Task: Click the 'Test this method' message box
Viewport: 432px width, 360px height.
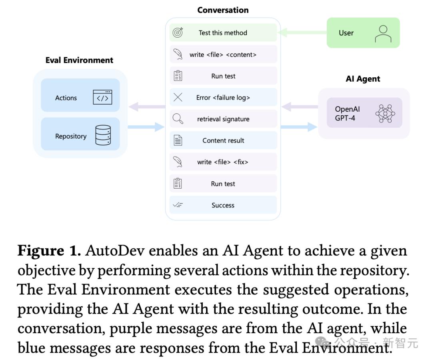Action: click(223, 33)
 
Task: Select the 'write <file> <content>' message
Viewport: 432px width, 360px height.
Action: click(223, 54)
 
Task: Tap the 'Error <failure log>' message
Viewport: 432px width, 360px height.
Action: click(223, 98)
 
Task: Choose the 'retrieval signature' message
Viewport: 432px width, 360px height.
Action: click(223, 119)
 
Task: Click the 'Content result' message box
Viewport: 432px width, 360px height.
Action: click(223, 141)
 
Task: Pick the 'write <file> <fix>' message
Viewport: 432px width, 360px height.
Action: click(223, 162)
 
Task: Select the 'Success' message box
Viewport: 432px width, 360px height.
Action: click(223, 205)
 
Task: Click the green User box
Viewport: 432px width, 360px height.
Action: click(363, 33)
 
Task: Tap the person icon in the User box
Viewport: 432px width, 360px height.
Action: click(383, 34)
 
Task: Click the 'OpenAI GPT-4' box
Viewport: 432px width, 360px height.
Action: click(364, 113)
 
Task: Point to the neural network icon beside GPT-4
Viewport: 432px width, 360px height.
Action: click(385, 113)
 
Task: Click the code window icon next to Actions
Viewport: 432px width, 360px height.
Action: click(102, 97)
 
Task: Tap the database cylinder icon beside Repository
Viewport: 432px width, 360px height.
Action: click(103, 135)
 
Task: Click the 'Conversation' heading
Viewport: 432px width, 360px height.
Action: click(223, 10)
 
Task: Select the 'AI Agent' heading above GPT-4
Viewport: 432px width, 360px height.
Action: click(363, 79)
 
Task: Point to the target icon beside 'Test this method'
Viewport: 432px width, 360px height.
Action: click(178, 33)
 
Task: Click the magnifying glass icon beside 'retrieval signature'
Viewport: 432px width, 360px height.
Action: click(178, 119)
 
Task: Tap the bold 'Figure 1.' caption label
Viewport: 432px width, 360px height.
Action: click(49, 251)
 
